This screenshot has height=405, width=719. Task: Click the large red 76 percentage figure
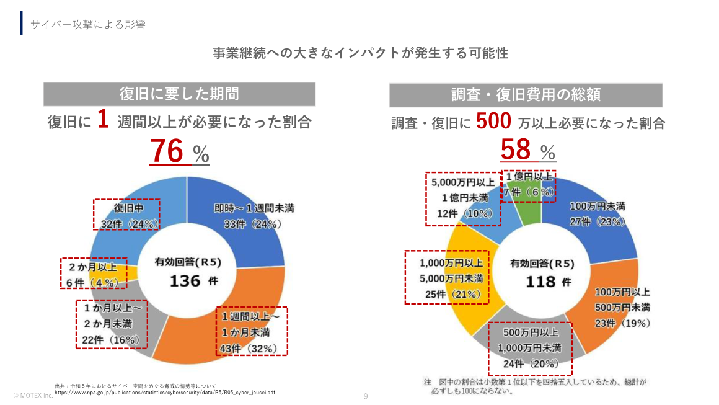[x=167, y=152]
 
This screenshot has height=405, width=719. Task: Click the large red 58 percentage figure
[x=516, y=150]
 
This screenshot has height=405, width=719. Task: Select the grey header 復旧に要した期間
[x=179, y=94]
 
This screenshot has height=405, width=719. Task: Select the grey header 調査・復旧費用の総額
[x=526, y=95]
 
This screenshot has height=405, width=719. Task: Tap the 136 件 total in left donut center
[x=187, y=281]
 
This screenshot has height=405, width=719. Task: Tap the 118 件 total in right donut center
[x=540, y=282]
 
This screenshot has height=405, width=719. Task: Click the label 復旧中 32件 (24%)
[x=126, y=215]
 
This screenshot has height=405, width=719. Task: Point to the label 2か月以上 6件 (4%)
[x=94, y=274]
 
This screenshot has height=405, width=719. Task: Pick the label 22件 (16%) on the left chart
[x=112, y=340]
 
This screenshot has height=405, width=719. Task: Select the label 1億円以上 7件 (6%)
[x=528, y=184]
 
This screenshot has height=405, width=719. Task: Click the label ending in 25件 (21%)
[x=447, y=294]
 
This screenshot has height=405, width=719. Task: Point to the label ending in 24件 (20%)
[x=529, y=363]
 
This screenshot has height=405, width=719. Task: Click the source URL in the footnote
[x=165, y=392]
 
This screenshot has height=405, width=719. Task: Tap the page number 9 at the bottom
[x=366, y=396]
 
